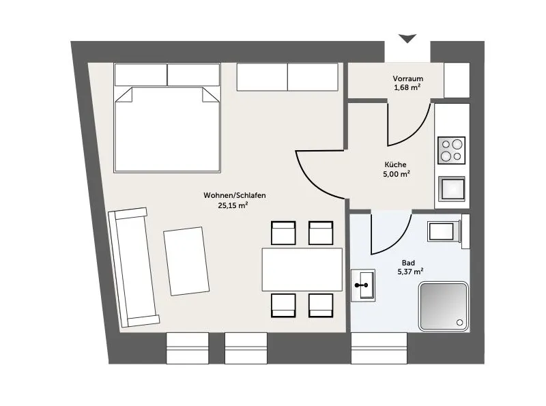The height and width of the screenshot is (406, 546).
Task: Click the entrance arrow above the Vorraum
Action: coord(407,38)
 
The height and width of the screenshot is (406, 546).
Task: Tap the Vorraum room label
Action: coord(407,78)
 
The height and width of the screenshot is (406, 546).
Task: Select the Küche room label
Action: coord(395,164)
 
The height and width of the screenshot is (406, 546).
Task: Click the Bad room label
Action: coord(408,263)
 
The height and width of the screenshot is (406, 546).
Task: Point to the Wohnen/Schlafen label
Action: coord(235,195)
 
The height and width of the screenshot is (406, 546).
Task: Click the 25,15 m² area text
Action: coord(233,205)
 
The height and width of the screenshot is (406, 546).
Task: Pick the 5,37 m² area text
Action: coord(411,272)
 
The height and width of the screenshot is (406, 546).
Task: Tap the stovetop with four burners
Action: coord(451,150)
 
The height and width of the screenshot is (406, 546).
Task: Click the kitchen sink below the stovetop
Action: coord(452,189)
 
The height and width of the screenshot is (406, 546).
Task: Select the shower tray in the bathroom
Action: coord(444,306)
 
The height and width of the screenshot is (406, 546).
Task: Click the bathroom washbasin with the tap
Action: coord(363,285)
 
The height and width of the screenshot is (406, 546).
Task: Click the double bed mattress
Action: coord(167,129)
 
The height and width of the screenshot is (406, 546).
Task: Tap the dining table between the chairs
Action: coord(302,270)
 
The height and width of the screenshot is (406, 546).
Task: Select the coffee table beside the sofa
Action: coord(186,261)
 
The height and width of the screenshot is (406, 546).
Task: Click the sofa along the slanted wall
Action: coord(133,267)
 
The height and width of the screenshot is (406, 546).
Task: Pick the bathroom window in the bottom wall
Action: coord(379,348)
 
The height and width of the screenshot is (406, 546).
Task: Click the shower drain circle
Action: coord(460,323)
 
